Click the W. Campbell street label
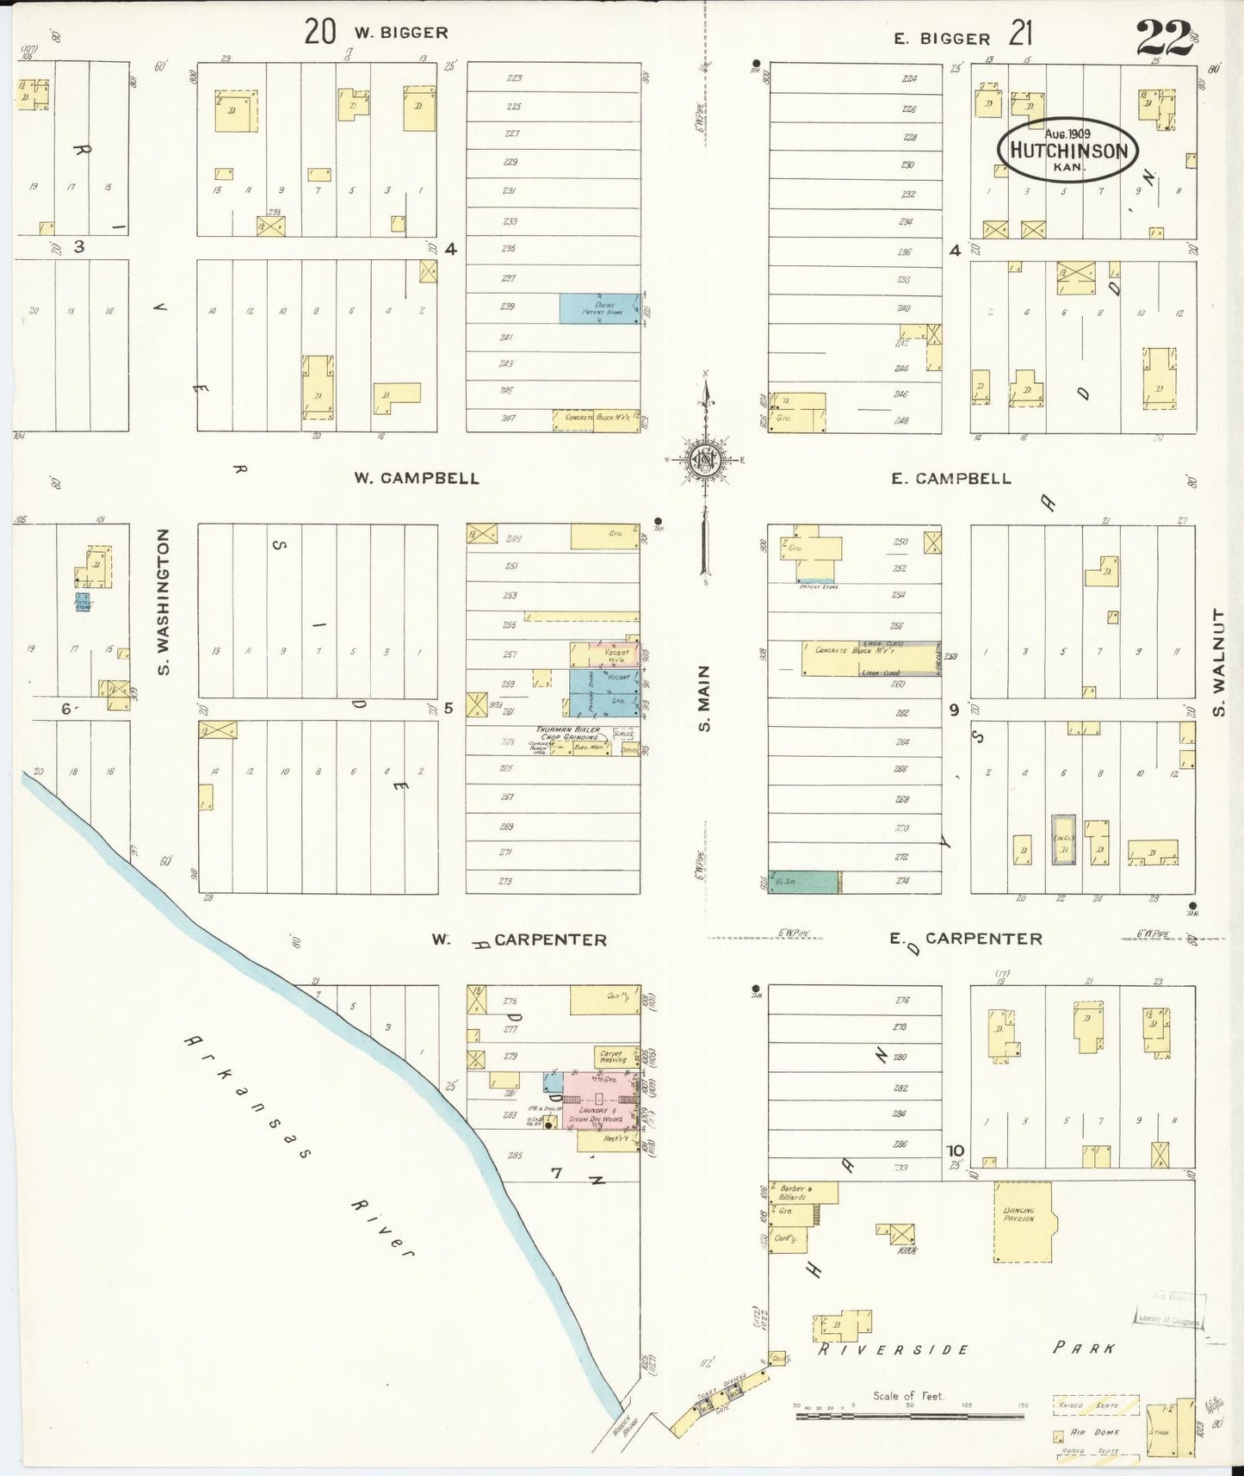pyautogui.click(x=417, y=478)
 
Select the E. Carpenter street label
pyautogui.click(x=967, y=939)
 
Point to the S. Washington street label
pyautogui.click(x=164, y=602)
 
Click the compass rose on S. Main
pyautogui.click(x=705, y=459)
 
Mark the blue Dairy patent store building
pyautogui.click(x=599, y=308)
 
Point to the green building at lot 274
pyautogui.click(x=803, y=881)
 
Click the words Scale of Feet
pyautogui.click(x=908, y=1397)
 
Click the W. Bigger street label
pyautogui.click(x=400, y=34)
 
